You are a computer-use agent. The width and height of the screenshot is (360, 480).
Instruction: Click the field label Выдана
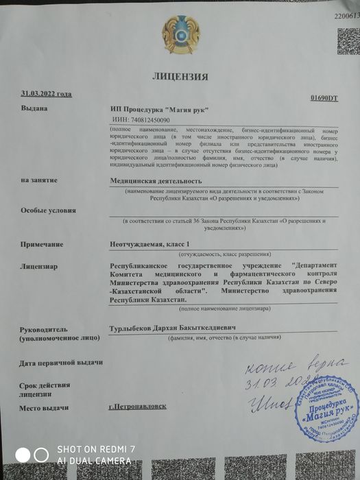click(34, 108)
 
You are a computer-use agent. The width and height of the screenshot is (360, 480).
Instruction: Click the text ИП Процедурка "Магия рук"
click(160, 109)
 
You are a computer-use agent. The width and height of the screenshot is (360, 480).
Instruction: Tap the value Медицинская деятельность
click(157, 180)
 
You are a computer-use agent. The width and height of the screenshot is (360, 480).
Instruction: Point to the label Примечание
click(42, 244)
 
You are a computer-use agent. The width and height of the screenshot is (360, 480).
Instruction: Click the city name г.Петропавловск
click(137, 406)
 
